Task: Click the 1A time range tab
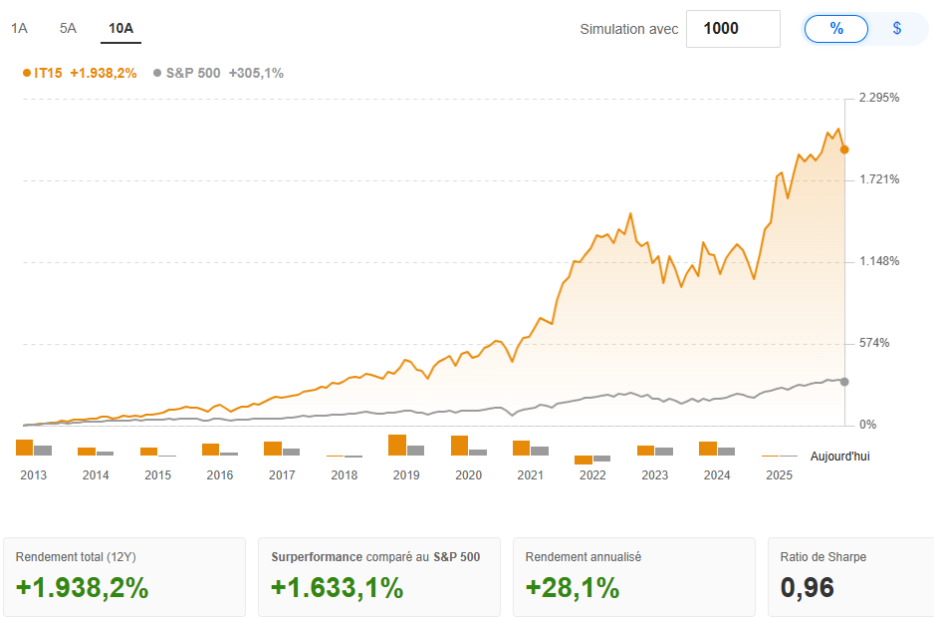(19, 28)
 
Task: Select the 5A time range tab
(68, 28)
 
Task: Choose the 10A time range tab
(120, 28)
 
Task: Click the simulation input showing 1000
(732, 29)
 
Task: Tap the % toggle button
(836, 29)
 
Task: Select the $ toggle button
(896, 29)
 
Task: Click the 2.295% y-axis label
(879, 98)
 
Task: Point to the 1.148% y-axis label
(879, 261)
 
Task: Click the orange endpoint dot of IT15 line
(844, 150)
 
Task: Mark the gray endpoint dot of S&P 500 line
(844, 382)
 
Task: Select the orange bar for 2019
(397, 445)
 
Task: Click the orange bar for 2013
(25, 448)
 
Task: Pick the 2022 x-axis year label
(592, 475)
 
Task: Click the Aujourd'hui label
(839, 456)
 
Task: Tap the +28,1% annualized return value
(573, 588)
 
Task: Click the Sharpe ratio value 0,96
(807, 588)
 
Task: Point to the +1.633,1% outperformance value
(337, 588)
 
